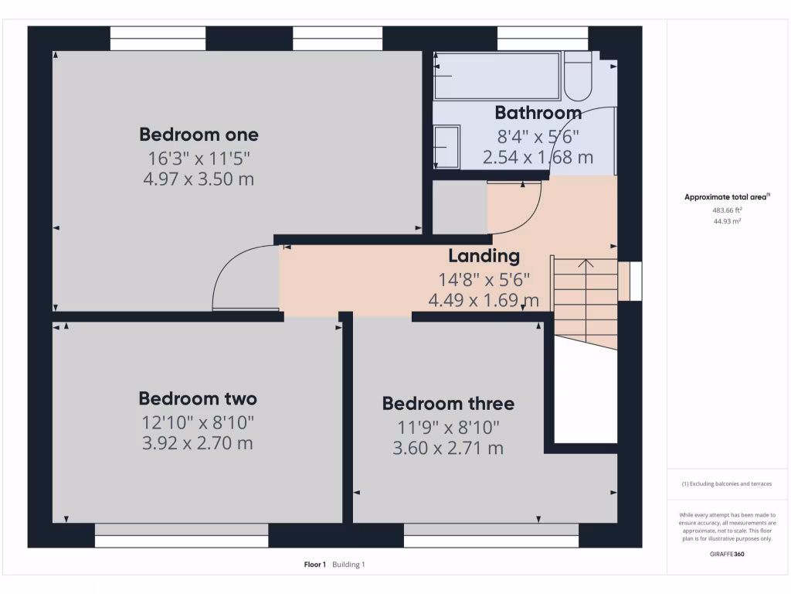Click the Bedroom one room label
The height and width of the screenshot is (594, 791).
(x=199, y=135)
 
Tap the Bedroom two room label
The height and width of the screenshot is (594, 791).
(x=198, y=398)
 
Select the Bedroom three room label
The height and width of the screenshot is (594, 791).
(x=448, y=404)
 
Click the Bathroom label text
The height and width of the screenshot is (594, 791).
(x=538, y=113)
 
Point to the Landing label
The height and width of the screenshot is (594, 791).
(x=484, y=256)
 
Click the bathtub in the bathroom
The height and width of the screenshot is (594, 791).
(x=497, y=76)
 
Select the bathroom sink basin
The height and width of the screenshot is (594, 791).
(x=446, y=146)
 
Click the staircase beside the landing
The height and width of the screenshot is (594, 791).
(x=585, y=302)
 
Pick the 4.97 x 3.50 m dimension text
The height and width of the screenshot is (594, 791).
(x=199, y=179)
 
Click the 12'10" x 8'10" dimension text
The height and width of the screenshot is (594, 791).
(x=198, y=422)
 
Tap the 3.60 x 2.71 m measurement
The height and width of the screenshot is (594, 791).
(x=448, y=448)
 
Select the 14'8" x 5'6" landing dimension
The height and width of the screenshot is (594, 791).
(x=484, y=279)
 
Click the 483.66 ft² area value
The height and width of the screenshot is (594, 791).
(x=727, y=210)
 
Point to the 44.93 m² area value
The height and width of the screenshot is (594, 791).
(x=727, y=221)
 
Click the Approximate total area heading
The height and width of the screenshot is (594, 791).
(x=727, y=197)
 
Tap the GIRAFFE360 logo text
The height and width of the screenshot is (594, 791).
(x=727, y=554)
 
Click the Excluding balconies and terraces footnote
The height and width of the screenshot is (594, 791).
(x=727, y=484)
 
